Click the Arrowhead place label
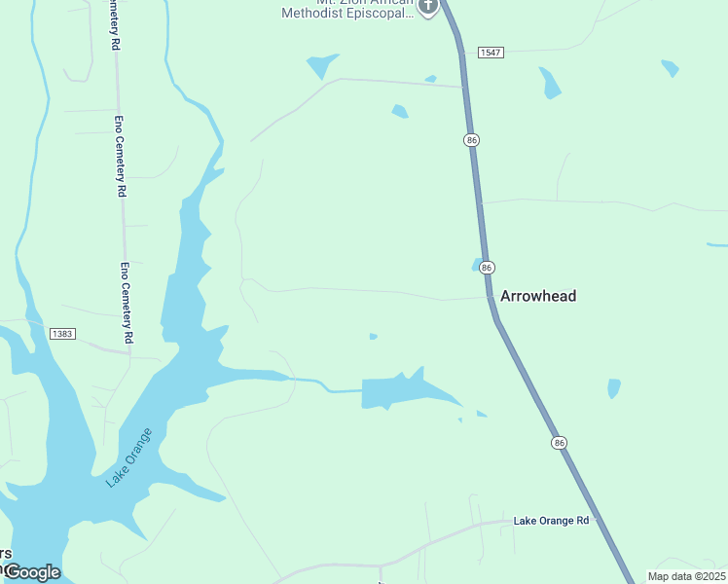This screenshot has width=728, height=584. tap(537, 296)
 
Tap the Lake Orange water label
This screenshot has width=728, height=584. tap(130, 456)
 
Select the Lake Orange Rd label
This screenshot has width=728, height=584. tap(551, 521)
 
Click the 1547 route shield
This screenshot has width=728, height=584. tap(491, 52)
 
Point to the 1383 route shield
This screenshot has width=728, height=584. tap(62, 334)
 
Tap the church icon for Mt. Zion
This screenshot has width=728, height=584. tap(427, 7)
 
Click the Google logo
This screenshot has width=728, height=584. tap(32, 572)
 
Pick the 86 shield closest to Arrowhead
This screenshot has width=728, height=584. tap(488, 267)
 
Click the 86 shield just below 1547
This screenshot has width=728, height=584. tap(472, 140)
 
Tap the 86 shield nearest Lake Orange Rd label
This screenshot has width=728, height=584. tap(559, 443)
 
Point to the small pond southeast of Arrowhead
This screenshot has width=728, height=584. tap(613, 388)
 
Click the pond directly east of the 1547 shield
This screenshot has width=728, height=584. tap(551, 83)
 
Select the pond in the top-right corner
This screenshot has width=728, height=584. tap(670, 68)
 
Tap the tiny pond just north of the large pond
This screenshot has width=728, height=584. tap(374, 337)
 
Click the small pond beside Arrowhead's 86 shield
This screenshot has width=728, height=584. tap(476, 265)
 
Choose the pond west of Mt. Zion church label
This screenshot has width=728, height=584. tap(321, 65)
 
